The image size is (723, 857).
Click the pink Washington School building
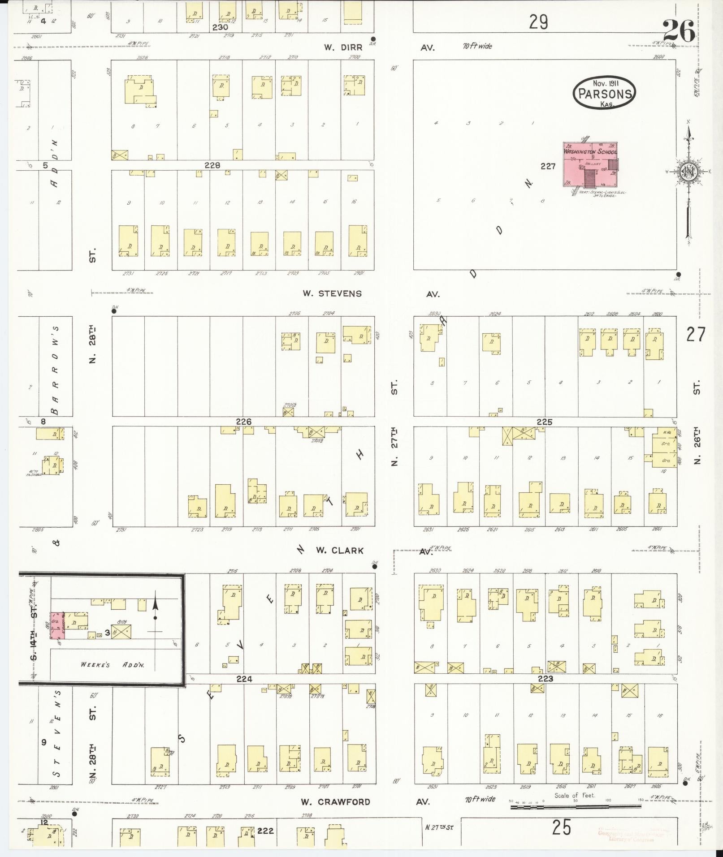(590, 164)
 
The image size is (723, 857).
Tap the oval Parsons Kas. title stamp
(605, 92)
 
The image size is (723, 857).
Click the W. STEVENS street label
(332, 294)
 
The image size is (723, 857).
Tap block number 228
(212, 165)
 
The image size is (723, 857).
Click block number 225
(544, 422)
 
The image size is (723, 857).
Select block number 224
(244, 679)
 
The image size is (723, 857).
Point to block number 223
(545, 679)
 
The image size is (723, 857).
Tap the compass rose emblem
(687, 172)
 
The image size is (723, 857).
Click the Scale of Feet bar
(576, 807)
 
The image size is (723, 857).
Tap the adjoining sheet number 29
(538, 22)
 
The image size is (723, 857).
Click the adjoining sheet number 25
(561, 827)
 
